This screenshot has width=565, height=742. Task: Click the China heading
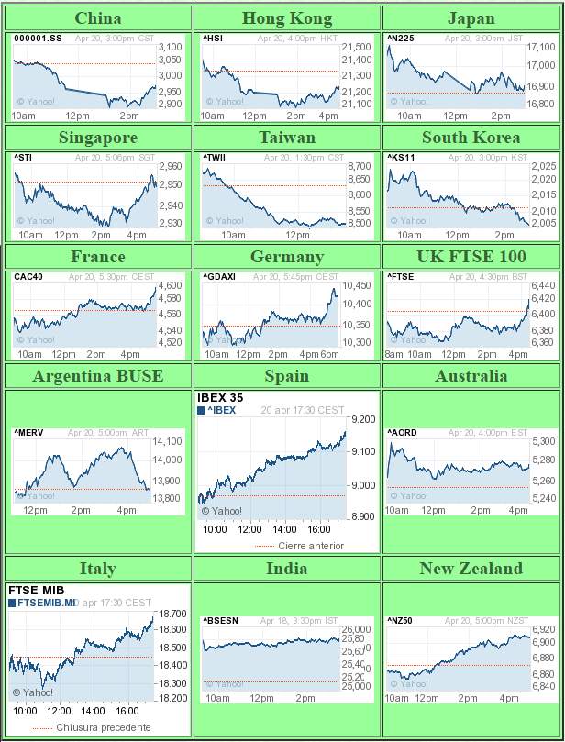point(98,18)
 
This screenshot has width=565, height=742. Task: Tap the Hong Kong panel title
point(287,18)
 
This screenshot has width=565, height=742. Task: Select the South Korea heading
point(471,138)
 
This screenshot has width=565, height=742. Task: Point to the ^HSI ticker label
point(213,39)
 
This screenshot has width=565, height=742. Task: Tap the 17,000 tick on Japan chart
point(541,65)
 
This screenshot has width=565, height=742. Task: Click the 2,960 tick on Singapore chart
point(171,167)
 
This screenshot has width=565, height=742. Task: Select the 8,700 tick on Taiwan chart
point(360,165)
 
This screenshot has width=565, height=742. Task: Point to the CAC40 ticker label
point(28,277)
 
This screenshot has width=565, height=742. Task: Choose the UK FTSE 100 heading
point(471,257)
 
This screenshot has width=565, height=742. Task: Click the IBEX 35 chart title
point(222,398)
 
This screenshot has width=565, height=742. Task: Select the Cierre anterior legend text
point(311,546)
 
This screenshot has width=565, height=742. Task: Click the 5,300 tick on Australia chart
point(543,442)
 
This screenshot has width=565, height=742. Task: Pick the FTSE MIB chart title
point(34,591)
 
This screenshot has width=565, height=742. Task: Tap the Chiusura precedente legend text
point(104,727)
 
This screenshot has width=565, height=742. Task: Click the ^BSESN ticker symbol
point(220,621)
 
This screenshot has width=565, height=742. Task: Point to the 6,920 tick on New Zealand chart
point(543,630)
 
